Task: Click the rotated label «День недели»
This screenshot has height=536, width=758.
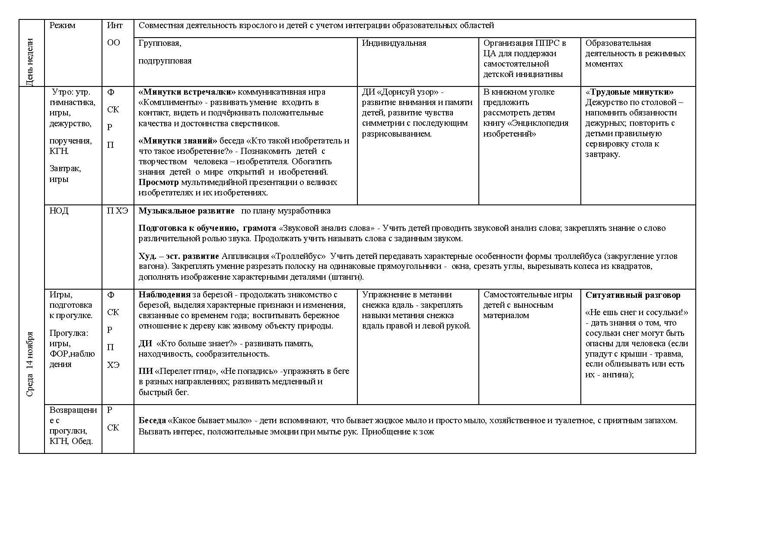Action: coord(30,62)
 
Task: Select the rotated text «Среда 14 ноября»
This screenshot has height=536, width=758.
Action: coord(30,364)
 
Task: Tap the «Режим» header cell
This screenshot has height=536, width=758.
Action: coord(62,26)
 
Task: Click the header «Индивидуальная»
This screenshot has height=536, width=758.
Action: coord(394,43)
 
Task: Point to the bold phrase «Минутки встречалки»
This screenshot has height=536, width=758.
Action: coord(187,92)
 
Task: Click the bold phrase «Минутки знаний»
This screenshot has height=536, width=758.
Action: coord(178,141)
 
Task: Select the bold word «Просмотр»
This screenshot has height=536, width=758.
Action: coord(158,182)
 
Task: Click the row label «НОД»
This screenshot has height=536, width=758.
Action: coord(59,211)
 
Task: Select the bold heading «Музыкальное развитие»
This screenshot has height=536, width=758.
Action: coord(186,211)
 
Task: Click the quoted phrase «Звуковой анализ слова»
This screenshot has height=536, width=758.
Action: coord(328,228)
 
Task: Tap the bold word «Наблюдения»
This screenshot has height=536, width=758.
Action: coord(164,295)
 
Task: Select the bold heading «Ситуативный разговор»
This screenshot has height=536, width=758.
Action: coord(633,295)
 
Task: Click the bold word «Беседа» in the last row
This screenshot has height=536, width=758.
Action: coord(152,421)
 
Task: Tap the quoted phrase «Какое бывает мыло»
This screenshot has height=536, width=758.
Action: coord(210,421)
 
